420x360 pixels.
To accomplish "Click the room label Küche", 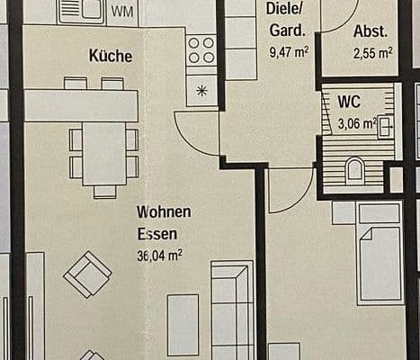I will (x=111, y=56).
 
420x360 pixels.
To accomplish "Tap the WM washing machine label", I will (x=126, y=12).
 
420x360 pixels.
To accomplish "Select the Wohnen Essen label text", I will (x=164, y=222).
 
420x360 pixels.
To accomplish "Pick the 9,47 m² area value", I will (x=289, y=51).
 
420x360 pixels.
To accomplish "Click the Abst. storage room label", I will (x=371, y=31).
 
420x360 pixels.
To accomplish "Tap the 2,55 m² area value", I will (x=372, y=52).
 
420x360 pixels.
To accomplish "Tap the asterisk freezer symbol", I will (x=201, y=90).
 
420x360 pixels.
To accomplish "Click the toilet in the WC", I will (x=354, y=169).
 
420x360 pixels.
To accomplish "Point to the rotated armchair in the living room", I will (x=87, y=274).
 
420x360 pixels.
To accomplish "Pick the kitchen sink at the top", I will (x=82, y=11).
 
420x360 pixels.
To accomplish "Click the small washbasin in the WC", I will (x=385, y=125).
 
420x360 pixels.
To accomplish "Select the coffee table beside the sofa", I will (x=183, y=324).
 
